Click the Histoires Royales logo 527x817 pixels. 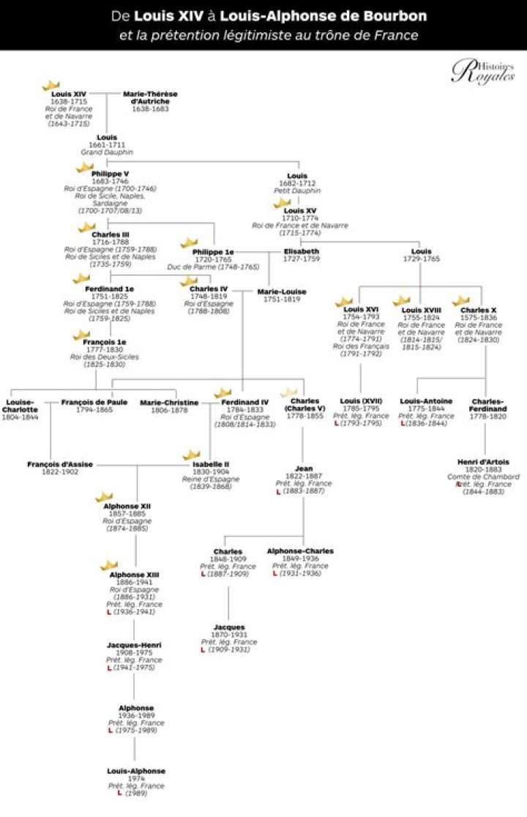click(x=482, y=72)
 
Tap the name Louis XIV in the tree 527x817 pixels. click(x=69, y=94)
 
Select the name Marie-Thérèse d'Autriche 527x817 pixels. click(x=150, y=98)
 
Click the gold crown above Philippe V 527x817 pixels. click(x=85, y=166)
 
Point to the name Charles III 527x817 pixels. click(x=106, y=234)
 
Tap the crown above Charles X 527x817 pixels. click(x=461, y=301)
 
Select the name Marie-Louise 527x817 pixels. click(x=282, y=291)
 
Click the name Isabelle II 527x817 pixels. click(x=211, y=464)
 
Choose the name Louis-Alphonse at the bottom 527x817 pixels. click(x=135, y=771)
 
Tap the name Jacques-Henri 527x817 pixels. click(x=134, y=645)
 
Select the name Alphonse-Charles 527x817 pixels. click(x=300, y=551)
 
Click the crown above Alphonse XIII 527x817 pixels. click(x=109, y=565)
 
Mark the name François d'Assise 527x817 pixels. click(x=53, y=464)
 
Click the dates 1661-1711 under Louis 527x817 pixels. click(x=107, y=144)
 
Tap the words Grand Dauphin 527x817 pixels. click(x=107, y=152)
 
